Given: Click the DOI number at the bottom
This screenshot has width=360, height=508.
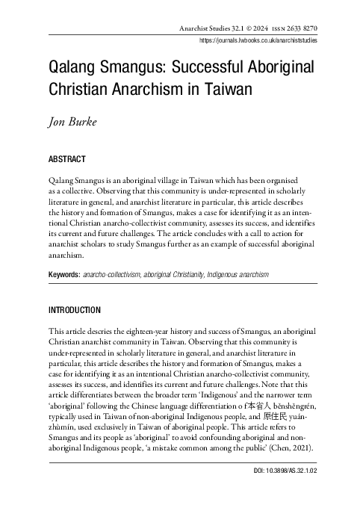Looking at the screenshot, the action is click(297, 472).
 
